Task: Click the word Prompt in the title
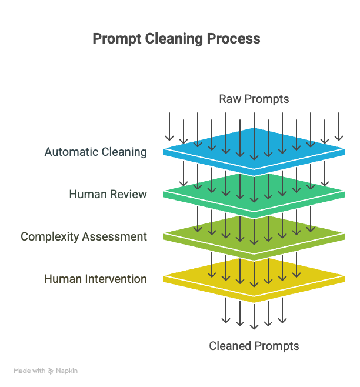coord(117,39)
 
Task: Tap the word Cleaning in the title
coord(174,39)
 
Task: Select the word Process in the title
coord(234,38)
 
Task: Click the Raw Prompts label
coord(254,99)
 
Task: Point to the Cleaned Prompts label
coord(254,346)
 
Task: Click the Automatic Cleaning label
coord(95,152)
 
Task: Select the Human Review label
coord(108,194)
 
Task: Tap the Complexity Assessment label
coord(84,236)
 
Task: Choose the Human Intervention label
coord(95,279)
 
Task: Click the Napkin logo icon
coord(51,371)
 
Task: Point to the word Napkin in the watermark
coord(66,371)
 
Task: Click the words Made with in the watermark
coord(29,371)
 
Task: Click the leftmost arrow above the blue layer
coord(169,126)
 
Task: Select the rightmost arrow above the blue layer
coord(339,126)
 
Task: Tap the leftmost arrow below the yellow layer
coord(226,311)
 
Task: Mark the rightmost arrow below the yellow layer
coord(282,311)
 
